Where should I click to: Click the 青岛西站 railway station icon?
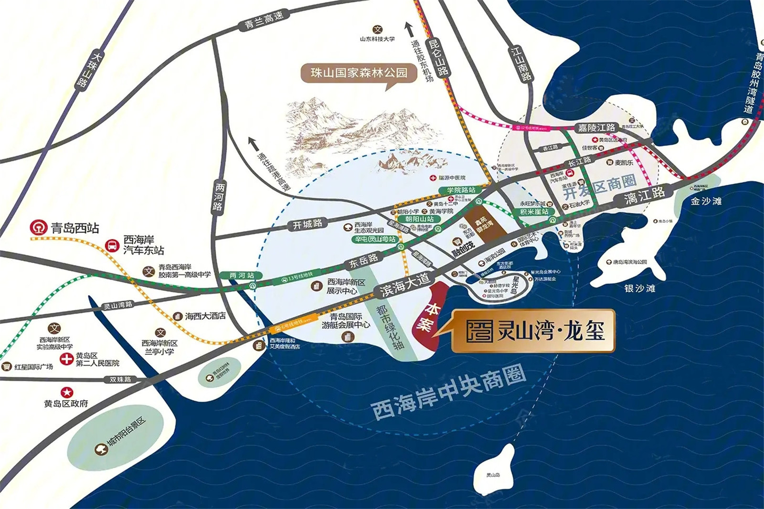39,227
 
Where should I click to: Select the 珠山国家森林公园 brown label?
359,73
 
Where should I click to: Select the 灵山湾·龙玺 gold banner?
532,331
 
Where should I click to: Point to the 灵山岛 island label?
493,475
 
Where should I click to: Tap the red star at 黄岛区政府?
67,392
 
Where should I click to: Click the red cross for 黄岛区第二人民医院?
66,360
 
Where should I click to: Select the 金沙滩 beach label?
706,201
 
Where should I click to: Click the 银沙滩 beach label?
639,288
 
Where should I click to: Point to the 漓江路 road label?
644,195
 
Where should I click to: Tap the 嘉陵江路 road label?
596,128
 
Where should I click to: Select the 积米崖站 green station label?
534,212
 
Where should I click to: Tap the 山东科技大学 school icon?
377,30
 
